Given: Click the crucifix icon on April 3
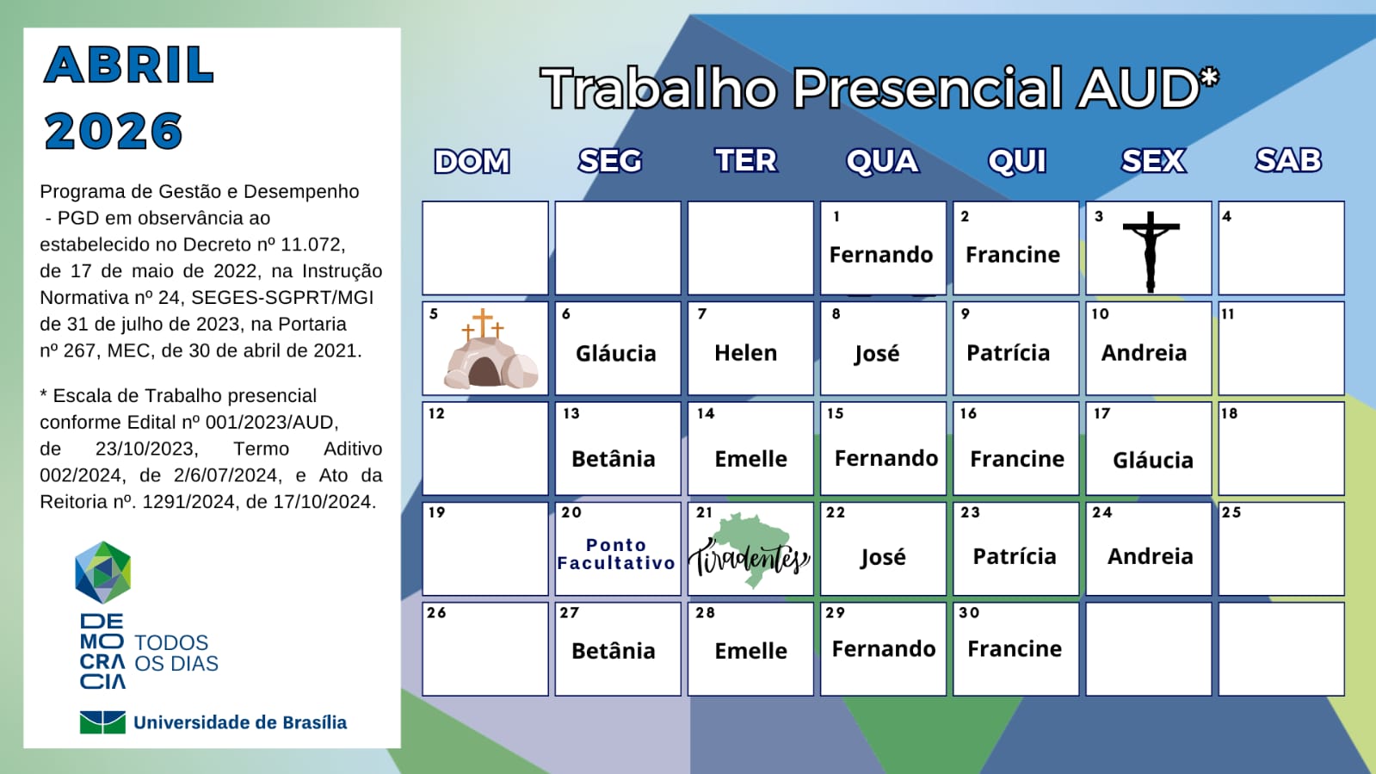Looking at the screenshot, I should [x=1150, y=251].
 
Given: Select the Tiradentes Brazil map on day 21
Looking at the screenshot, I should [x=750, y=551].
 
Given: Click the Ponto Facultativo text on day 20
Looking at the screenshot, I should [x=616, y=554].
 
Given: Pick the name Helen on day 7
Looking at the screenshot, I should [x=745, y=353].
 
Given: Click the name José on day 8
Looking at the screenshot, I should [x=877, y=354].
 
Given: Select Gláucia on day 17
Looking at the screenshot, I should [x=1152, y=461].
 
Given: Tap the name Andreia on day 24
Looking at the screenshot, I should [x=1150, y=557].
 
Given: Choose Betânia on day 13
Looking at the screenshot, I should [x=613, y=459].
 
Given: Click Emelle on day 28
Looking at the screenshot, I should [x=750, y=652].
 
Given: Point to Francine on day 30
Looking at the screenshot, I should [x=1015, y=649].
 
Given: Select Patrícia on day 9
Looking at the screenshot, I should [x=1008, y=353].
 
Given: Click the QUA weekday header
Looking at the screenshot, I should [x=882, y=161].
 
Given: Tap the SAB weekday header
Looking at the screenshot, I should [x=1287, y=160].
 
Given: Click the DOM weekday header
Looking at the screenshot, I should [x=472, y=161].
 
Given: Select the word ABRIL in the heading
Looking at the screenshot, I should [x=129, y=65].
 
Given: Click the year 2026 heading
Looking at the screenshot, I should [x=114, y=132].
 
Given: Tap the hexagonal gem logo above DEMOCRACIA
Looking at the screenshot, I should [x=102, y=572].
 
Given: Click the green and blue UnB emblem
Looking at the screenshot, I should [x=102, y=722].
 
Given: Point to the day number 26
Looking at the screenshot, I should [x=437, y=613].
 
